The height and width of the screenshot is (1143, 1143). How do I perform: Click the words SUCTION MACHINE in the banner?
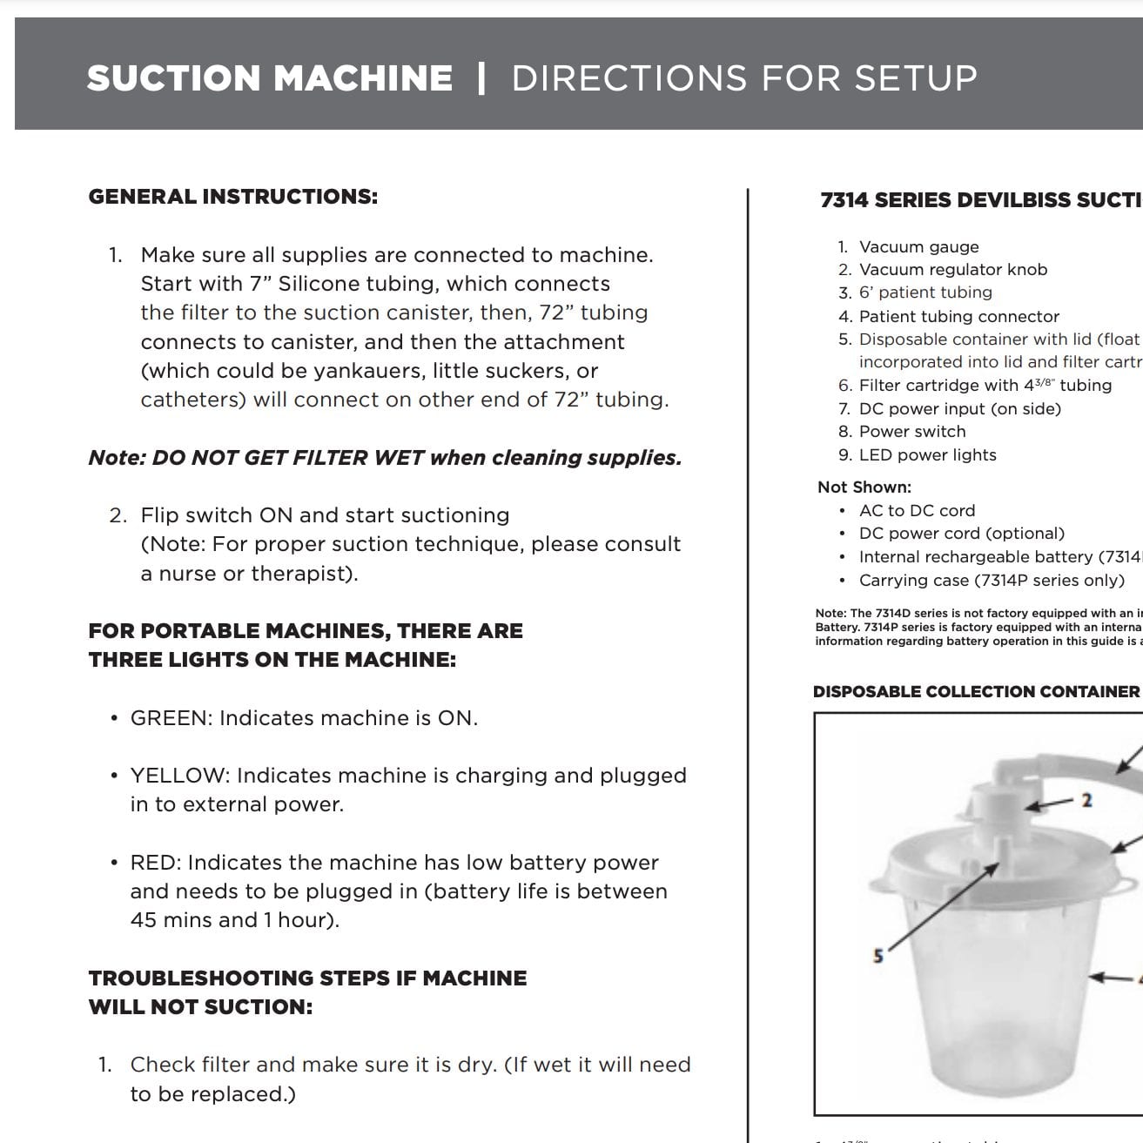[x=269, y=78]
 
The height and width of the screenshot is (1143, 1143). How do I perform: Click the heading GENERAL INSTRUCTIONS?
[x=232, y=197]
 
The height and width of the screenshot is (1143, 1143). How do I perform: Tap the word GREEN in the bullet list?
[x=171, y=718]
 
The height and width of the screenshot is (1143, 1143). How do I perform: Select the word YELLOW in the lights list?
[x=178, y=776]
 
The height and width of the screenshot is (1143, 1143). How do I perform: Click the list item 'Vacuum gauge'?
[x=918, y=247]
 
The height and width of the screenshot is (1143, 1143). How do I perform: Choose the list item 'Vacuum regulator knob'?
[x=952, y=270]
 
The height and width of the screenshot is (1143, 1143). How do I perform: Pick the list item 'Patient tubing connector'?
[x=958, y=317]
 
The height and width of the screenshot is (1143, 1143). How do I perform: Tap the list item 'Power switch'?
[x=911, y=432]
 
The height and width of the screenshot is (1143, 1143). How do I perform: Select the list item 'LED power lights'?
[x=927, y=455]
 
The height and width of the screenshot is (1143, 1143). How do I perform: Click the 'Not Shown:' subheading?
[x=864, y=487]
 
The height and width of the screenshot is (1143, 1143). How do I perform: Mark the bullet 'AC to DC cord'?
[x=917, y=511]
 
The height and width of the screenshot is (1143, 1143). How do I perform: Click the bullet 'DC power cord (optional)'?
[x=961, y=534]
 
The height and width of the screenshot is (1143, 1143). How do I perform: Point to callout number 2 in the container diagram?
[x=1086, y=800]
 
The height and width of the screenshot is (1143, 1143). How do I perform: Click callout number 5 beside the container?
[x=877, y=956]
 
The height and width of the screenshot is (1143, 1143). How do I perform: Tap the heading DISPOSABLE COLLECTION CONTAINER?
[x=975, y=692]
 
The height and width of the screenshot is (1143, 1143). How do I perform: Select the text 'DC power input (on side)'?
[x=959, y=409]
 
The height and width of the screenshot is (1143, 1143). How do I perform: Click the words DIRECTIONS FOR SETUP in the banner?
[x=743, y=78]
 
